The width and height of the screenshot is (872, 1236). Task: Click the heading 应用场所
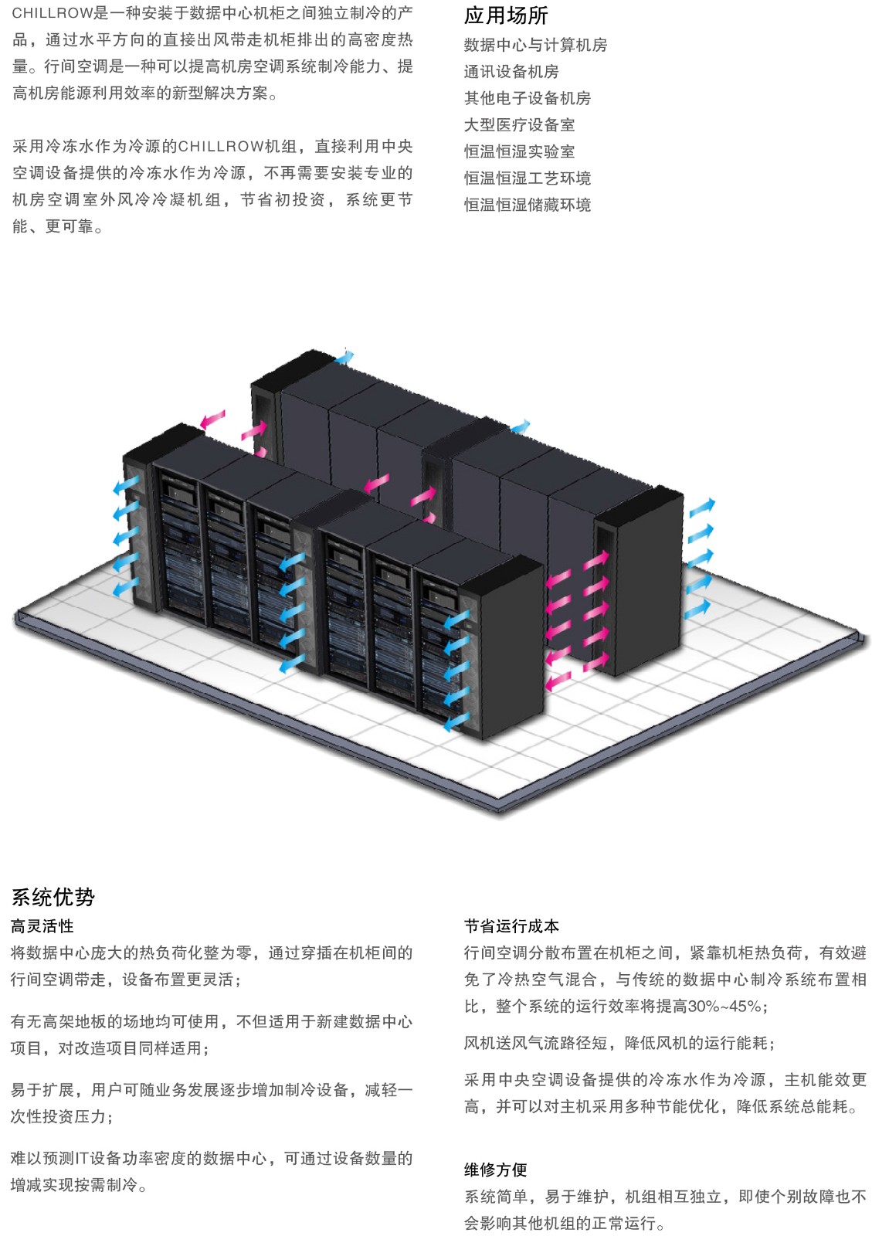505,16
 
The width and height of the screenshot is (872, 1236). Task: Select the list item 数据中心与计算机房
535,45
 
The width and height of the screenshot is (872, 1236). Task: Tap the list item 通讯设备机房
511,71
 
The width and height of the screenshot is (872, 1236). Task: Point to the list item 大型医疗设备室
519,124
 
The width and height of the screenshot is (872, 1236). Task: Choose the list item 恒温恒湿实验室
519,151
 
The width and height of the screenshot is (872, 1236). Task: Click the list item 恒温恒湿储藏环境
528,205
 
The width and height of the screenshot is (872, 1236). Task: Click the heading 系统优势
53,897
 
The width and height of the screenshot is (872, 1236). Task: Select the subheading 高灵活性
42,926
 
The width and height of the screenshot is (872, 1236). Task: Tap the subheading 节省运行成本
511,926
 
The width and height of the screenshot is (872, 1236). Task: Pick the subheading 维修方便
495,1170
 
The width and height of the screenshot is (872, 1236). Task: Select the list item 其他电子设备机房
528,98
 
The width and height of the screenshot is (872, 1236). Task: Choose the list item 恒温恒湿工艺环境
528,178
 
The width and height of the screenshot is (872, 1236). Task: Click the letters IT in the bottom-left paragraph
82,1158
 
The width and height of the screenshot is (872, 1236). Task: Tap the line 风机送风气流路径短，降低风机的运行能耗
619,1043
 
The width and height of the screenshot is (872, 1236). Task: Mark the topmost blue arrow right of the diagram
701,507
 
